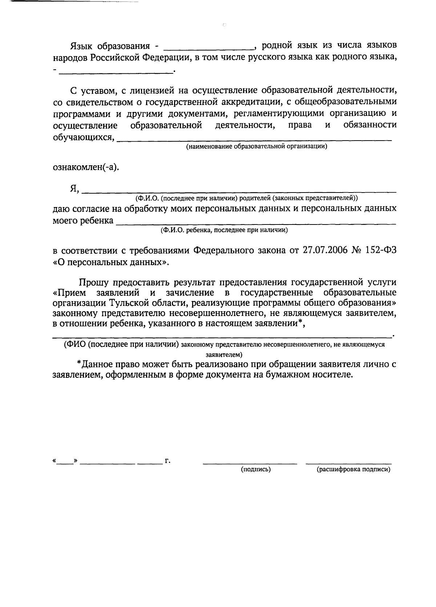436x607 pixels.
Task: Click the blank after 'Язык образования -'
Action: [x=209, y=47]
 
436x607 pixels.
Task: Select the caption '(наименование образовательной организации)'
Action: [x=257, y=147]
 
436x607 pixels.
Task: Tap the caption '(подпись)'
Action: [x=255, y=469]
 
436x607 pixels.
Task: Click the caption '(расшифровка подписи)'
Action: [x=354, y=469]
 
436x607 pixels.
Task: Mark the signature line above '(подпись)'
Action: [x=250, y=463]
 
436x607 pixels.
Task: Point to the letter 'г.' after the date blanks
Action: [x=167, y=461]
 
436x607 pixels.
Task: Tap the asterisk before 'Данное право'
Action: [x=79, y=363]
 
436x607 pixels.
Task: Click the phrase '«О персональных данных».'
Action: [x=111, y=262]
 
